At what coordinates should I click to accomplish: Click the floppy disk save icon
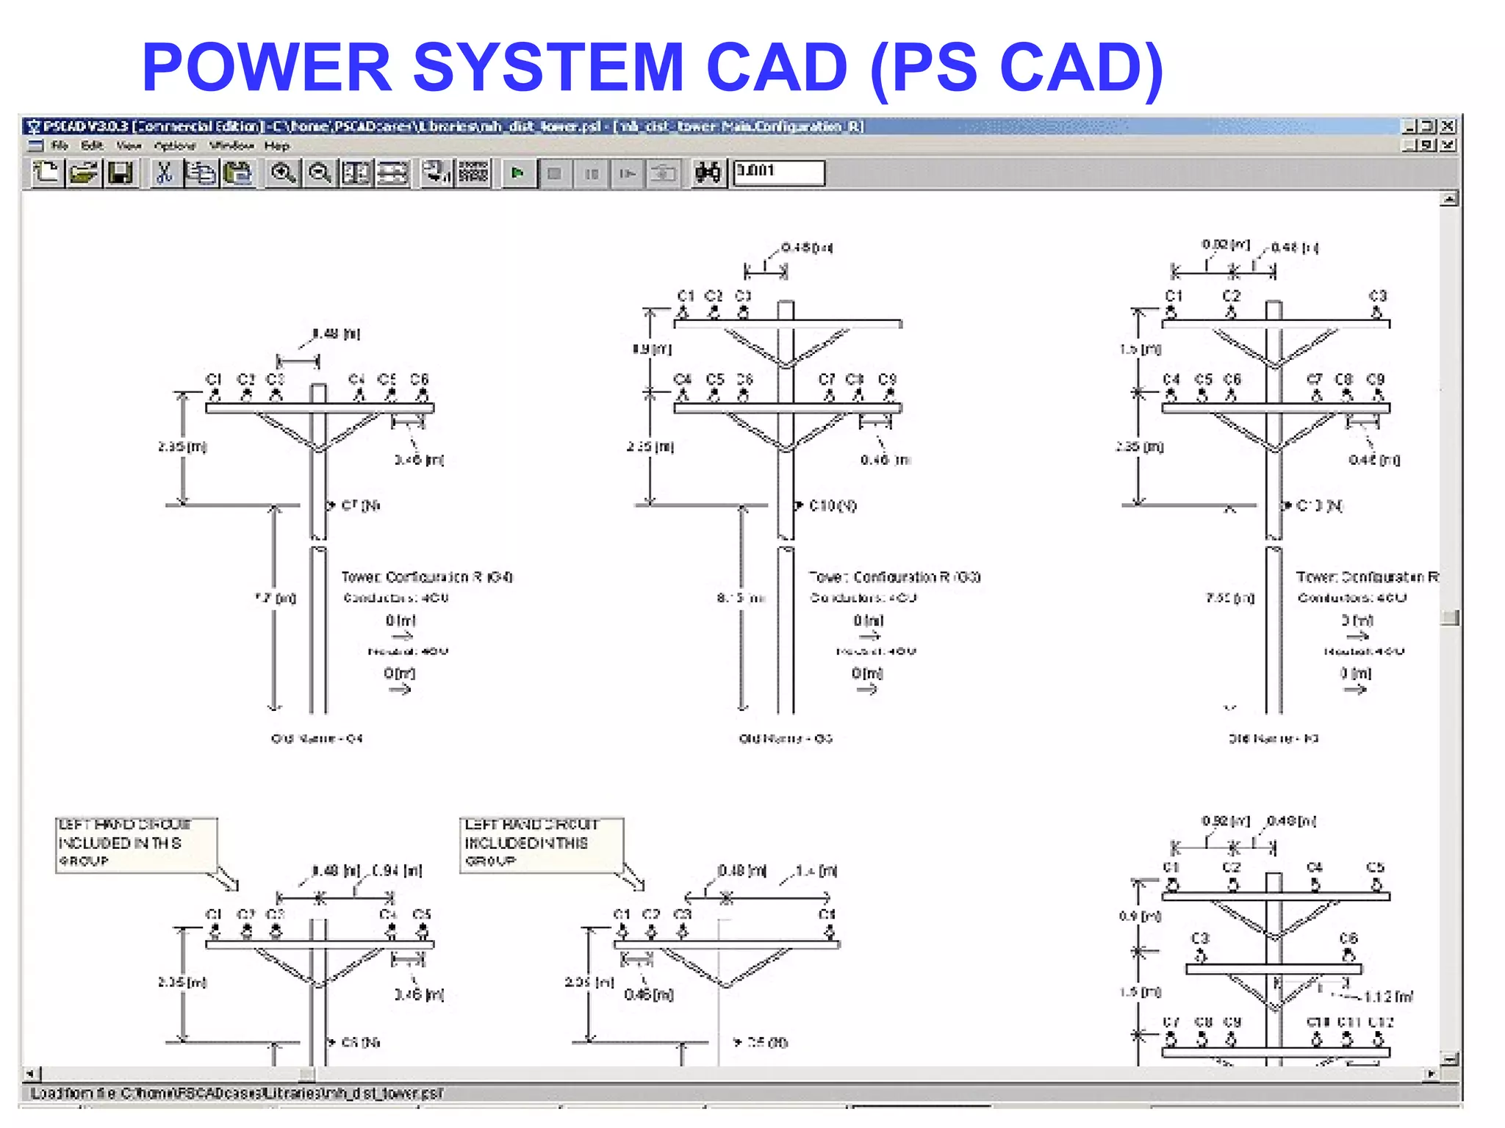tap(120, 173)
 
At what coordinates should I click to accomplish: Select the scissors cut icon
tap(165, 173)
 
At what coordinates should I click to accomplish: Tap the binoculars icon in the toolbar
tap(708, 173)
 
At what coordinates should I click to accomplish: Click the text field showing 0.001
tap(778, 173)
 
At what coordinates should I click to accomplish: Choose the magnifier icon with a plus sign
tap(282, 173)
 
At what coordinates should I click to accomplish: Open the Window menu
tap(231, 146)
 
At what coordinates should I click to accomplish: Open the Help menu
tap(277, 146)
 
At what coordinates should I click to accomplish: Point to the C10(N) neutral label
tap(832, 505)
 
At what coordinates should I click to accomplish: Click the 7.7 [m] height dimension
tap(276, 599)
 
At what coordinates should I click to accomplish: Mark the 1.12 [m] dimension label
tap(1387, 997)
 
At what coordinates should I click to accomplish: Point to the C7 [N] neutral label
tap(360, 505)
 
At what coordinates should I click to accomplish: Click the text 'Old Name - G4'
tap(317, 738)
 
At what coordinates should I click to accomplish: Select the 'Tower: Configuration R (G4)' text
tap(426, 577)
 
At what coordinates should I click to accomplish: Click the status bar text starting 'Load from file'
tap(235, 1093)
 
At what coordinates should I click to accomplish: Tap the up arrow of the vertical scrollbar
tap(1448, 198)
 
